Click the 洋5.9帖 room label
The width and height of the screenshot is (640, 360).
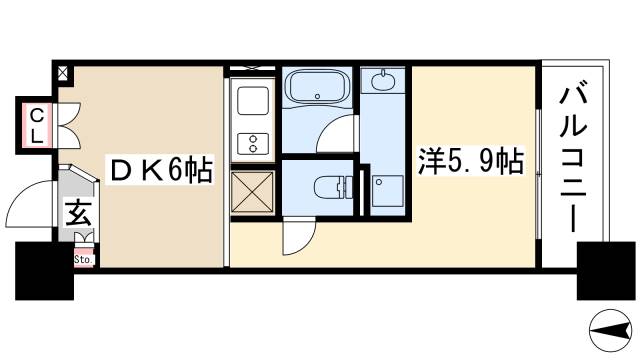coord(470,162)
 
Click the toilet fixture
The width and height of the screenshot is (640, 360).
coord(329,186)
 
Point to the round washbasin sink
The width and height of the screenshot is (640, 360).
coord(381,80)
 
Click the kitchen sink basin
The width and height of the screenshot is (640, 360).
coord(250,101)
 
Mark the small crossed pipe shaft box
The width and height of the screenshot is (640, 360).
coord(62,73)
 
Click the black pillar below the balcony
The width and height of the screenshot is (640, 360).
coord(603,272)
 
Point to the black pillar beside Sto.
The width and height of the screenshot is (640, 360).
coord(45,272)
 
